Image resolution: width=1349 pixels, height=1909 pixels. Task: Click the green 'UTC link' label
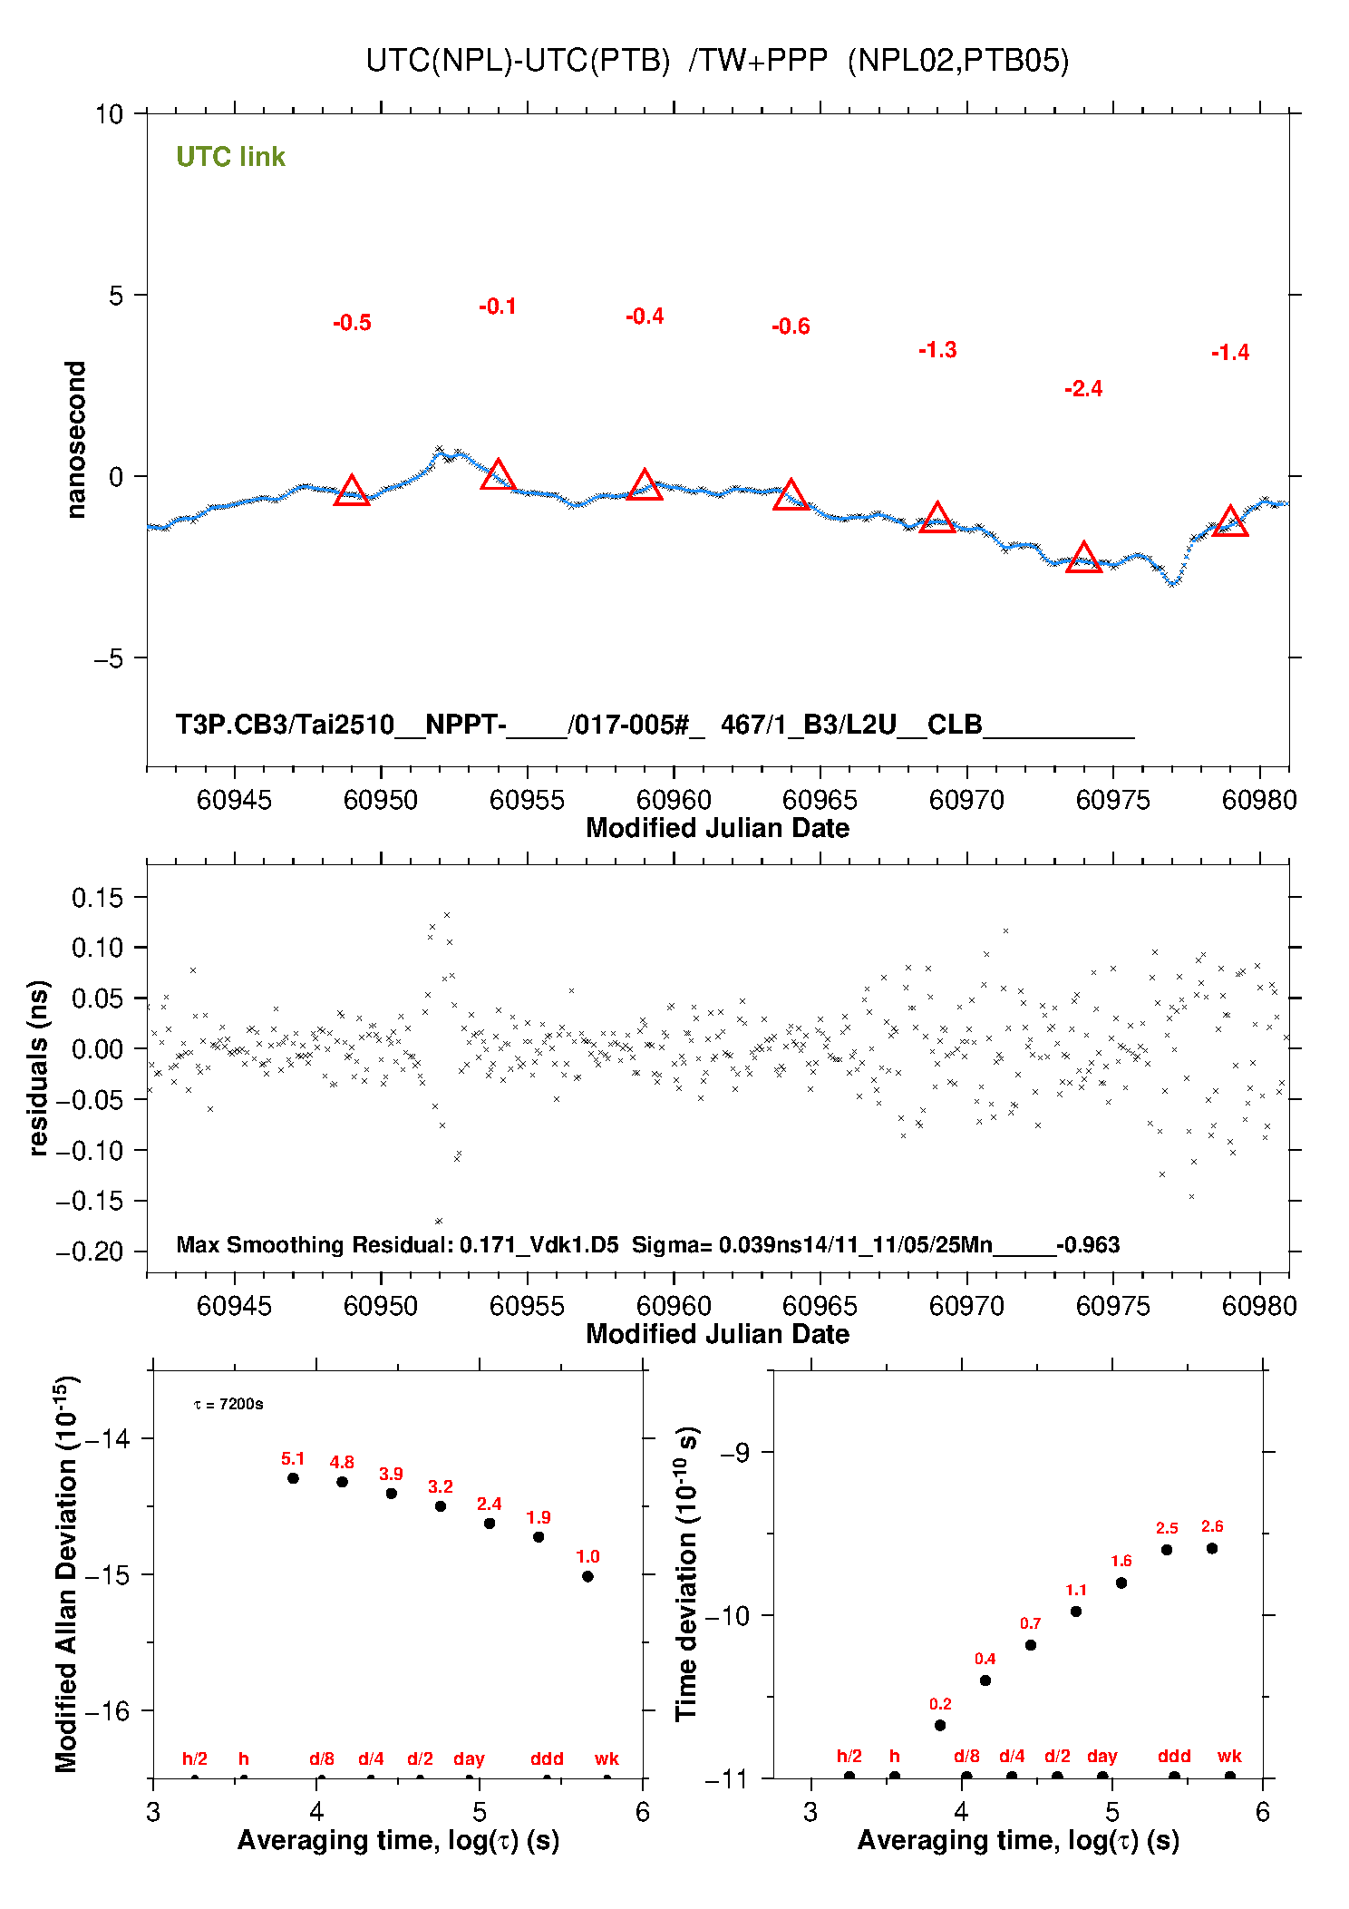(x=230, y=157)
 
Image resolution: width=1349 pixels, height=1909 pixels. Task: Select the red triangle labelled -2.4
(x=1083, y=558)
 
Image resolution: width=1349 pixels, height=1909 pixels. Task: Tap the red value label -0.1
(x=498, y=307)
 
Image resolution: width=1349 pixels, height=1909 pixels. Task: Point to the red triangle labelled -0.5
(x=352, y=492)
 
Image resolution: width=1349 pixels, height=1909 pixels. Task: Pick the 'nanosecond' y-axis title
(x=76, y=440)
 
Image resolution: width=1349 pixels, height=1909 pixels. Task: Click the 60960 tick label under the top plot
(x=673, y=800)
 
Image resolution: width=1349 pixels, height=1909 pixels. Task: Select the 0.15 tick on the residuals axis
(x=97, y=898)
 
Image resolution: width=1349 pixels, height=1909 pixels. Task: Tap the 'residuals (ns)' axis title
(x=38, y=1067)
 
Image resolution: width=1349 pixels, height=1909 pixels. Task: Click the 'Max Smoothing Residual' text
(x=314, y=1244)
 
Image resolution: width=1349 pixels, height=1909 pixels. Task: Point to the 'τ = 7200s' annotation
(x=228, y=1405)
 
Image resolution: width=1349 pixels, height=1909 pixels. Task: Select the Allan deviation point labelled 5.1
(x=293, y=1478)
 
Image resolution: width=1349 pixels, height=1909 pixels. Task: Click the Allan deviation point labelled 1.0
(x=587, y=1576)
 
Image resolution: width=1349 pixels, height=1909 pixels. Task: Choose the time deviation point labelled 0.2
(x=940, y=1725)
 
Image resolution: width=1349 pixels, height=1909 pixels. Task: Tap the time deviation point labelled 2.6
(x=1212, y=1548)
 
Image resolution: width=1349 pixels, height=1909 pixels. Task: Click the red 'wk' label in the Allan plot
(x=607, y=1758)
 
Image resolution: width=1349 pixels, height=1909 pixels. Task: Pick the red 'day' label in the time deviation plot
(x=1102, y=1756)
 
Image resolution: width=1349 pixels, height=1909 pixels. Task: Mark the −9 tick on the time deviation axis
(x=734, y=1452)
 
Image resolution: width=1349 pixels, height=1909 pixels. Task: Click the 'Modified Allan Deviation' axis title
(x=66, y=1573)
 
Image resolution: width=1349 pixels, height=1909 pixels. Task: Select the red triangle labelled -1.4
(x=1230, y=521)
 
